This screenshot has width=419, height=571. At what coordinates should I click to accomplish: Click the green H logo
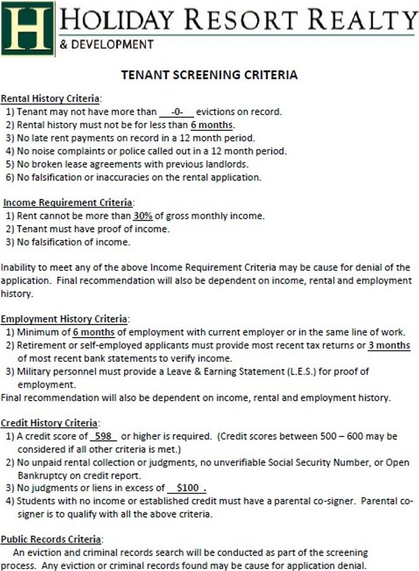tap(27, 29)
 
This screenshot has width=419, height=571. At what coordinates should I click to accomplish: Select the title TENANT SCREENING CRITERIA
tap(209, 75)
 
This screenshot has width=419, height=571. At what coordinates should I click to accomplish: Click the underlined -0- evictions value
tap(177, 112)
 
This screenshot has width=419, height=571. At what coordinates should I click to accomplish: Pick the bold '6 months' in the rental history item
tap(212, 125)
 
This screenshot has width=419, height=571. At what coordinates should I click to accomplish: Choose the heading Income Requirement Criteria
tap(68, 203)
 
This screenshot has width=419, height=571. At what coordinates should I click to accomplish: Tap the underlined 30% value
tap(143, 216)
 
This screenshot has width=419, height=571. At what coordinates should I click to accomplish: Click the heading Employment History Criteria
tap(65, 319)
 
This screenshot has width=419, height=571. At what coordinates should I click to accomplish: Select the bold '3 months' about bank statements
tap(389, 345)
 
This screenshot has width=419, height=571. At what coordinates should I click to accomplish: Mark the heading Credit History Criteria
tap(50, 423)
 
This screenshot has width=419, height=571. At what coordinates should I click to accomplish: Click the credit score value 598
tap(102, 436)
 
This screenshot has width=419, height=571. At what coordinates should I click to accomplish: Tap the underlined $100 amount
tap(187, 488)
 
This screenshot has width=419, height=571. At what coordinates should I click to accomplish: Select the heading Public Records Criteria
tap(51, 539)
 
